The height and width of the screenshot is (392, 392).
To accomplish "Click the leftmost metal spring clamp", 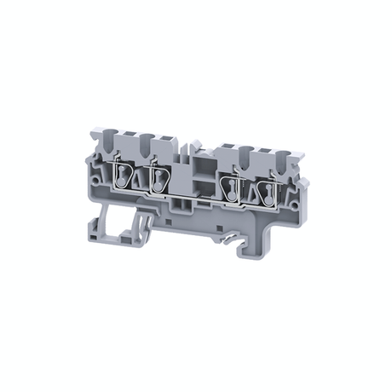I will [x=124, y=177].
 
